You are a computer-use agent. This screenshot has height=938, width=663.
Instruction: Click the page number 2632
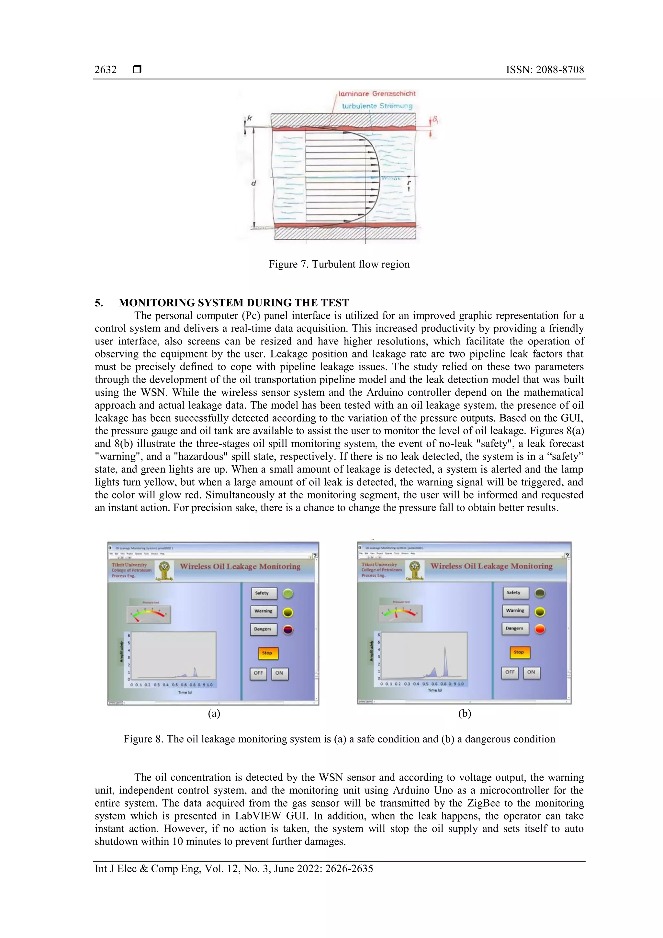click(106, 70)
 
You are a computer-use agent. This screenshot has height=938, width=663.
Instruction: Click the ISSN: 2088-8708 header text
click(545, 70)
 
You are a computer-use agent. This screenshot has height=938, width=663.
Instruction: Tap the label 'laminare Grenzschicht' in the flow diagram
click(376, 94)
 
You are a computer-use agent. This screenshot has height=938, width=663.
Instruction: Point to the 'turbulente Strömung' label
click(376, 106)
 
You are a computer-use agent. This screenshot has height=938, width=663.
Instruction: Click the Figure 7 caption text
click(339, 264)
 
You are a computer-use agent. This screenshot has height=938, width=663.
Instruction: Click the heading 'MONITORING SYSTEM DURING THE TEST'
click(234, 303)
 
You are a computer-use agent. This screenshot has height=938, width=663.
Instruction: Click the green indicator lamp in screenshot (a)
click(288, 593)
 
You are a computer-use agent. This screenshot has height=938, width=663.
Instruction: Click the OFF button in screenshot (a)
click(258, 673)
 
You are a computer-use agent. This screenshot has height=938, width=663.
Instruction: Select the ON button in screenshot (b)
click(531, 672)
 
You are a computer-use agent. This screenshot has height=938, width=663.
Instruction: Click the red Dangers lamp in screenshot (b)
click(540, 629)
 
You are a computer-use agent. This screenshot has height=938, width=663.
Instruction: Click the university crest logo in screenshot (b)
click(415, 570)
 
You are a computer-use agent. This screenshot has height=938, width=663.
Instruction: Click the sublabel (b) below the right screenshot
click(465, 714)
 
